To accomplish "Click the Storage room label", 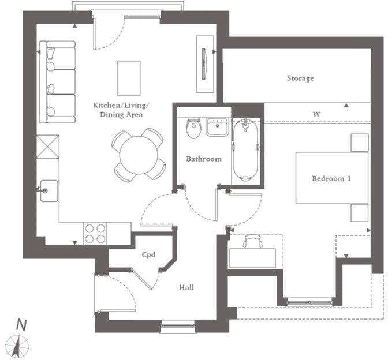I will pos(300,78).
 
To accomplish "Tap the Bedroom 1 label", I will pos(331,178).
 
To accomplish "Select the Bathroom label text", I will pos(203,159).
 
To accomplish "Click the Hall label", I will pos(186,287).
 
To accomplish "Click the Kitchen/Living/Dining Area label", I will pos(121,110).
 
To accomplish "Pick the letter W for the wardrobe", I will pos(316,114).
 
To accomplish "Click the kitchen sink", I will pos(48,189).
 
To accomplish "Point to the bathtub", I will pos(246,149).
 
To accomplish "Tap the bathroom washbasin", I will pos(217,126).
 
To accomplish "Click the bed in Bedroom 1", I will pos(332,178).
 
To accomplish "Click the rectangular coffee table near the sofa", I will pos(128,78).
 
